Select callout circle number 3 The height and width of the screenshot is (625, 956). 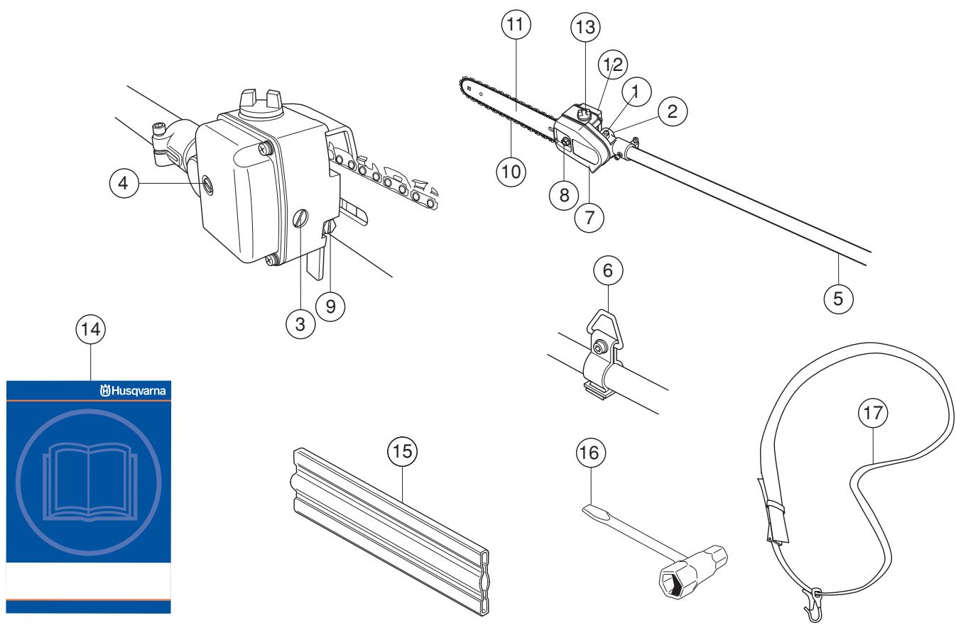(x=300, y=325)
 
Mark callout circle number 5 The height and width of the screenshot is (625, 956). (x=838, y=297)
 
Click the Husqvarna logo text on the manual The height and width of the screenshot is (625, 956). (x=135, y=389)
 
